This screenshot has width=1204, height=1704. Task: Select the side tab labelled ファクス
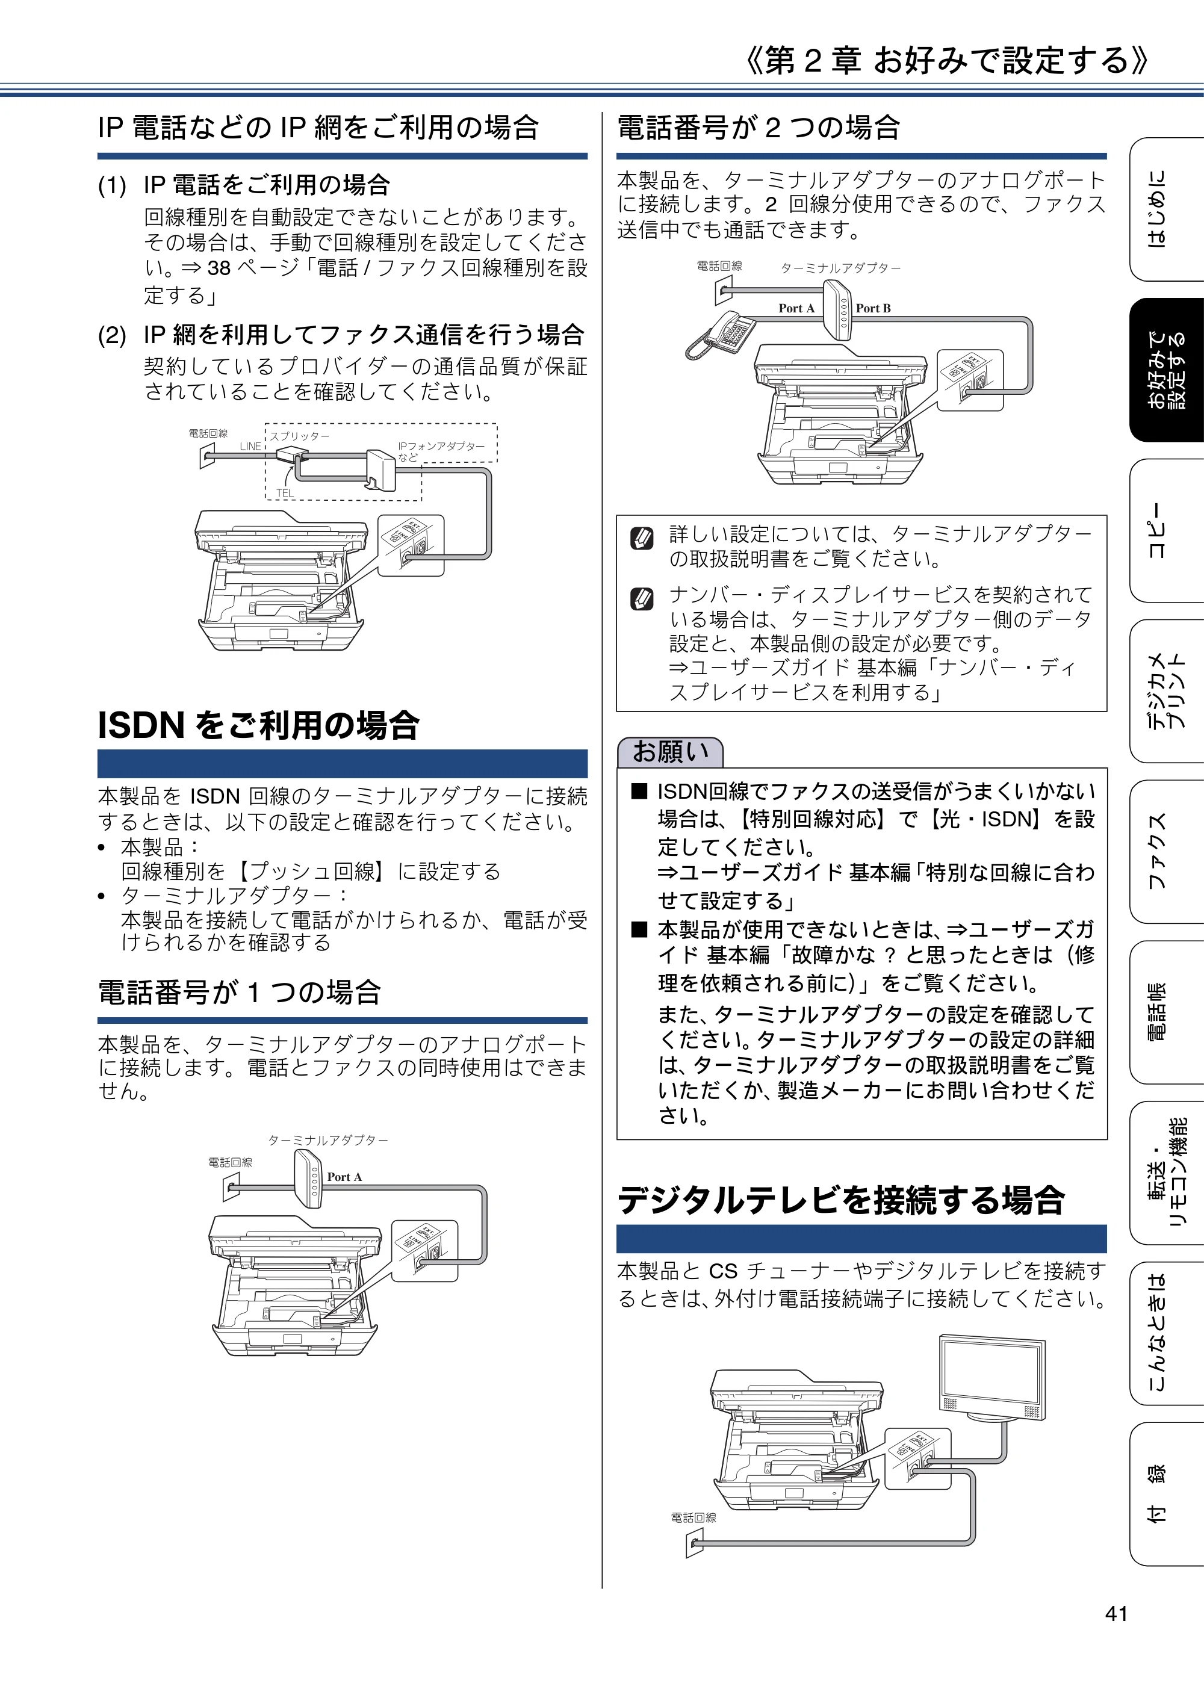(1166, 850)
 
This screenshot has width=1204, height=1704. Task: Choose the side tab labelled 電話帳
(1166, 1012)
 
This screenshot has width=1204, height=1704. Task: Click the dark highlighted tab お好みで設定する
(1166, 370)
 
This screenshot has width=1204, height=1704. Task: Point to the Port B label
(873, 308)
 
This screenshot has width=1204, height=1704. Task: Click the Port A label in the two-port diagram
(796, 308)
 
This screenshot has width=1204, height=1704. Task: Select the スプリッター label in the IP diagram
(299, 436)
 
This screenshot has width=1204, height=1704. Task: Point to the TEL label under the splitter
(285, 493)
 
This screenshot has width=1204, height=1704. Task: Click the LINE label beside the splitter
(250, 446)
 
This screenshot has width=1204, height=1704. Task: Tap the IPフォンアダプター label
(441, 446)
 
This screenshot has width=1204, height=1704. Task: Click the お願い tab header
(669, 752)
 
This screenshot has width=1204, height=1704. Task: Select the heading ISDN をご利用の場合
(258, 725)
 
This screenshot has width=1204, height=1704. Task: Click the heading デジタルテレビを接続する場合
(841, 1200)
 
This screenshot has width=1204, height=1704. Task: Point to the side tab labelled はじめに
(1166, 209)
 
